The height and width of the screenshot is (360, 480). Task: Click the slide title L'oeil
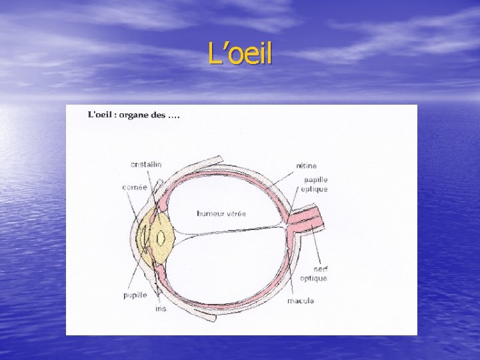click(x=240, y=54)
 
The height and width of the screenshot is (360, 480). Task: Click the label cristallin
click(x=146, y=165)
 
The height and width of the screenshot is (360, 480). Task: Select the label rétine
click(x=306, y=165)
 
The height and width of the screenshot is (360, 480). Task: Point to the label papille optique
click(x=314, y=184)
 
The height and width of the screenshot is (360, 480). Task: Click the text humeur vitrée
click(x=221, y=213)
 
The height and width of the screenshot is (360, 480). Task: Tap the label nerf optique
click(x=313, y=273)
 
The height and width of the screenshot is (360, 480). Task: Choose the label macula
click(x=301, y=301)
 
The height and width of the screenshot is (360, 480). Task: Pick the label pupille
click(x=135, y=295)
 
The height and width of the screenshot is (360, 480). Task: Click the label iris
click(x=161, y=309)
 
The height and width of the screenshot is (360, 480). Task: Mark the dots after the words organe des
click(x=174, y=115)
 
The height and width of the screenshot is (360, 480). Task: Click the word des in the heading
click(x=159, y=115)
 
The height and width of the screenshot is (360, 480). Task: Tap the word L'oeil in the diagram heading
click(x=100, y=115)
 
